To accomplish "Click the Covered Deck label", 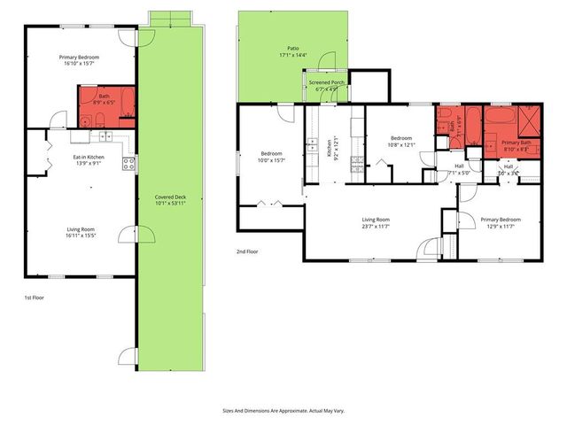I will (170, 199).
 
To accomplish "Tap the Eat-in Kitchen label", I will (88, 160).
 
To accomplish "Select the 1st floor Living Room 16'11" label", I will (81, 233).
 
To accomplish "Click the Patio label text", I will (292, 52).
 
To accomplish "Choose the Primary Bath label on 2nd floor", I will (516, 146).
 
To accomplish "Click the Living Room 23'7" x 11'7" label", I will (377, 223).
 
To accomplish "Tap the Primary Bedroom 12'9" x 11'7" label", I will (501, 222).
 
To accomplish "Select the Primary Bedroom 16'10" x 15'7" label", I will (80, 60).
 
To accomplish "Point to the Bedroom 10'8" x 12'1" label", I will (401, 142).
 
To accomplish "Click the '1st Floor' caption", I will (33, 298).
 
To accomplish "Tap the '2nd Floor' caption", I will (248, 252).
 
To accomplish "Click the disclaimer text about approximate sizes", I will (283, 411).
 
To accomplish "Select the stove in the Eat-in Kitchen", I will (128, 163).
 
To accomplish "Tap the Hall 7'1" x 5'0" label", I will (459, 168).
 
